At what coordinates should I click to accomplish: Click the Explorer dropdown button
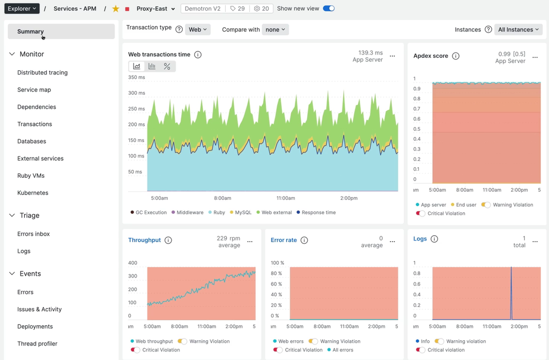coord(22,9)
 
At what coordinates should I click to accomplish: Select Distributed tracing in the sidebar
coord(42,72)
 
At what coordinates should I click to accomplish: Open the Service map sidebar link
coord(34,89)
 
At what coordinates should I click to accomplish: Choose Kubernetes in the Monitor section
coord(33,193)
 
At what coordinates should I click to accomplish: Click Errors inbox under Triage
coord(33,234)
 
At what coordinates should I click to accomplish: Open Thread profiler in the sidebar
coord(37,344)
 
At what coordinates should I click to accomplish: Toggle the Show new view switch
coord(329,9)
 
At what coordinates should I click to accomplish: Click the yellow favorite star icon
coord(116,9)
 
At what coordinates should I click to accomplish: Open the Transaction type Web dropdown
coord(198,29)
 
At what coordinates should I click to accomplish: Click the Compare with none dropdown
coord(275,29)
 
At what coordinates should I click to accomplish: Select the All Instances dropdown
coord(518,29)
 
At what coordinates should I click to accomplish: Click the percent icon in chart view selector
coord(167,66)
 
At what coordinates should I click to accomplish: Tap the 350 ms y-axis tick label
coord(137,77)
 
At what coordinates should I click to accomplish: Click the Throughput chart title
coord(144,240)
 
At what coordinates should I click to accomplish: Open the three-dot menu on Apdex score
coord(535,57)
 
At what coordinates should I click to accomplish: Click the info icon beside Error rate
coord(304,241)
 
